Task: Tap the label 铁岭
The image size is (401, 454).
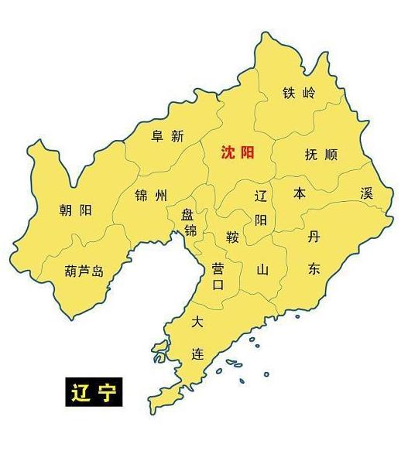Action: (x=299, y=94)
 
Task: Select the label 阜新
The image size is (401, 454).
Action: (x=167, y=136)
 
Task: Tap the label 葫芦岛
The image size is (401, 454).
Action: (x=84, y=271)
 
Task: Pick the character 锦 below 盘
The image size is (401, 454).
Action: (x=190, y=230)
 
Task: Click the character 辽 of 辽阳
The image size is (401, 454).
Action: (x=261, y=196)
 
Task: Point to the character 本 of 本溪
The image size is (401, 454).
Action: (x=300, y=193)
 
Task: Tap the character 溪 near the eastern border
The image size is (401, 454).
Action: (x=367, y=193)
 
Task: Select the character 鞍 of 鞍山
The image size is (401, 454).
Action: (x=232, y=235)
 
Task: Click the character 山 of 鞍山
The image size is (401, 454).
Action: (x=262, y=269)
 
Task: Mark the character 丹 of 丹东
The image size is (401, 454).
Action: (x=313, y=237)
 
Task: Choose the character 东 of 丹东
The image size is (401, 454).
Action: (x=313, y=269)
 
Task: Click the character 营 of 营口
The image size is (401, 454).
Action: (x=218, y=268)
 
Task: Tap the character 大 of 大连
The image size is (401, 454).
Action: (x=198, y=321)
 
